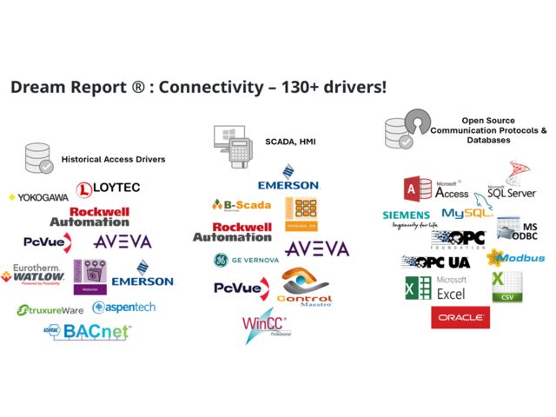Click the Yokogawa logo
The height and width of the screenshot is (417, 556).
pos(37,197)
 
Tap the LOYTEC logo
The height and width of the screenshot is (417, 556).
pos(108,189)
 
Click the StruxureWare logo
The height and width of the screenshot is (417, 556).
pos(51,309)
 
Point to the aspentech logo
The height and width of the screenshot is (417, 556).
pos(124,308)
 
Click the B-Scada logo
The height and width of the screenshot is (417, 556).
pos(242,205)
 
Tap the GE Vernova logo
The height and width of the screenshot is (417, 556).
pos(247,260)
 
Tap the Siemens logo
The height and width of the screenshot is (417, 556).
pos(407,217)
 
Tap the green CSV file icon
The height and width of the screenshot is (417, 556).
pos(506,287)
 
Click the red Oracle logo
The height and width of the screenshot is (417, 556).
pos(460,318)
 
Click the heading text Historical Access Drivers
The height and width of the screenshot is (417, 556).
pos(113,160)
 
